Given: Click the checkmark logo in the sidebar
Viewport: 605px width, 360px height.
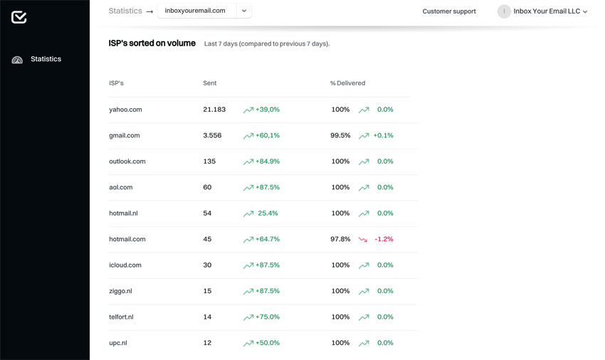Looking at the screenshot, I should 19,17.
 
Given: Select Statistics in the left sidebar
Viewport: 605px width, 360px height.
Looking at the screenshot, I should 46,59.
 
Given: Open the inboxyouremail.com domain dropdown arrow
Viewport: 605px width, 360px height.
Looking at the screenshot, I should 244,11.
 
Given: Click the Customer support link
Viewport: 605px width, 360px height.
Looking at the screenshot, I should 449,11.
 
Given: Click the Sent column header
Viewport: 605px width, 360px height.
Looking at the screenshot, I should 210,83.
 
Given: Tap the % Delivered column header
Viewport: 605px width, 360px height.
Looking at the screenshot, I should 347,83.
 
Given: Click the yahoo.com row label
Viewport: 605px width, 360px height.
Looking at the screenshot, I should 125,110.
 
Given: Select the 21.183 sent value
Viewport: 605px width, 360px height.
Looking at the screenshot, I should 214,110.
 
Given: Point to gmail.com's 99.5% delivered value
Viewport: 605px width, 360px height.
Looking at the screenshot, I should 340,135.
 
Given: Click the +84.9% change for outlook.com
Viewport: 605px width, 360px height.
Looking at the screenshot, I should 268,162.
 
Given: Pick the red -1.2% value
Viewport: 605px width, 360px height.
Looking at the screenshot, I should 384,239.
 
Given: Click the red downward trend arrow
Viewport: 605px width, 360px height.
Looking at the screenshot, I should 363,240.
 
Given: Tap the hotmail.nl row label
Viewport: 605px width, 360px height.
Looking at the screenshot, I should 123,213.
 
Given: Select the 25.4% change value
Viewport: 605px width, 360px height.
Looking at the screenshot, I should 268,213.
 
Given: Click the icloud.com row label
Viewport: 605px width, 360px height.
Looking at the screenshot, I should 125,265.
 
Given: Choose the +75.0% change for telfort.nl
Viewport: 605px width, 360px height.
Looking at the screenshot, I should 268,317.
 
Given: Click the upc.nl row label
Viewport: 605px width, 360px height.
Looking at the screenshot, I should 118,343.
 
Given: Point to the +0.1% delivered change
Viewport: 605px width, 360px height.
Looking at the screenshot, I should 383,135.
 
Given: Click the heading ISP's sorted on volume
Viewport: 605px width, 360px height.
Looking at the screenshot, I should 152,43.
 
